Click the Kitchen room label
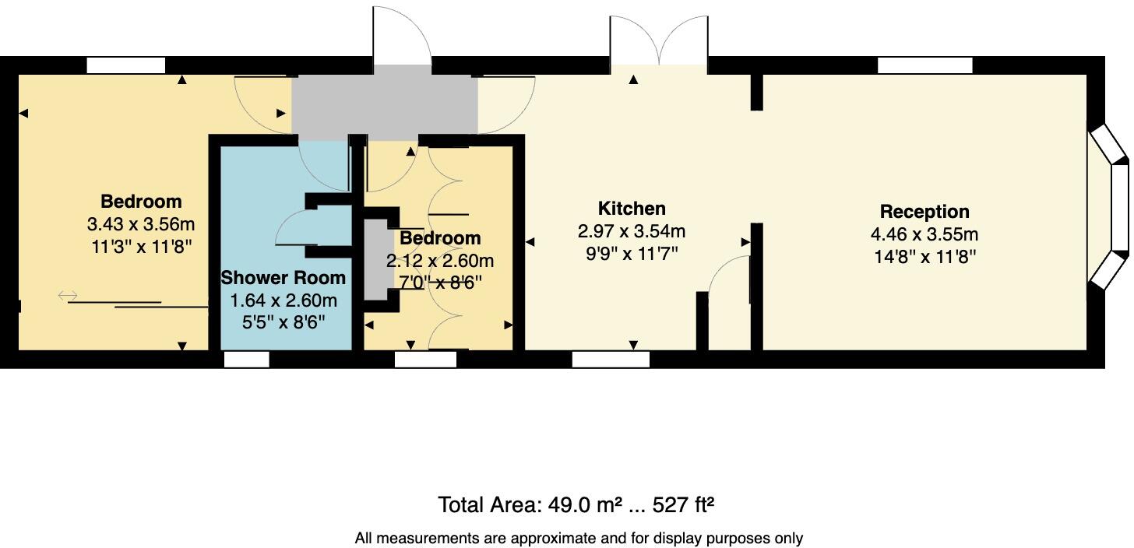point(632,209)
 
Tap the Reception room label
point(924,212)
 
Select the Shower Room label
point(283,278)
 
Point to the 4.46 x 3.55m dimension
point(924,234)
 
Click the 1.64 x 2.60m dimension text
point(283,300)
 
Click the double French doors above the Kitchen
point(659,43)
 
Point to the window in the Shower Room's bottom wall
point(247,359)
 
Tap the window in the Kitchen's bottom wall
point(611,359)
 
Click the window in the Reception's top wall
point(924,65)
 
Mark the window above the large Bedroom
point(125,65)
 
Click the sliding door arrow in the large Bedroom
point(68,295)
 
